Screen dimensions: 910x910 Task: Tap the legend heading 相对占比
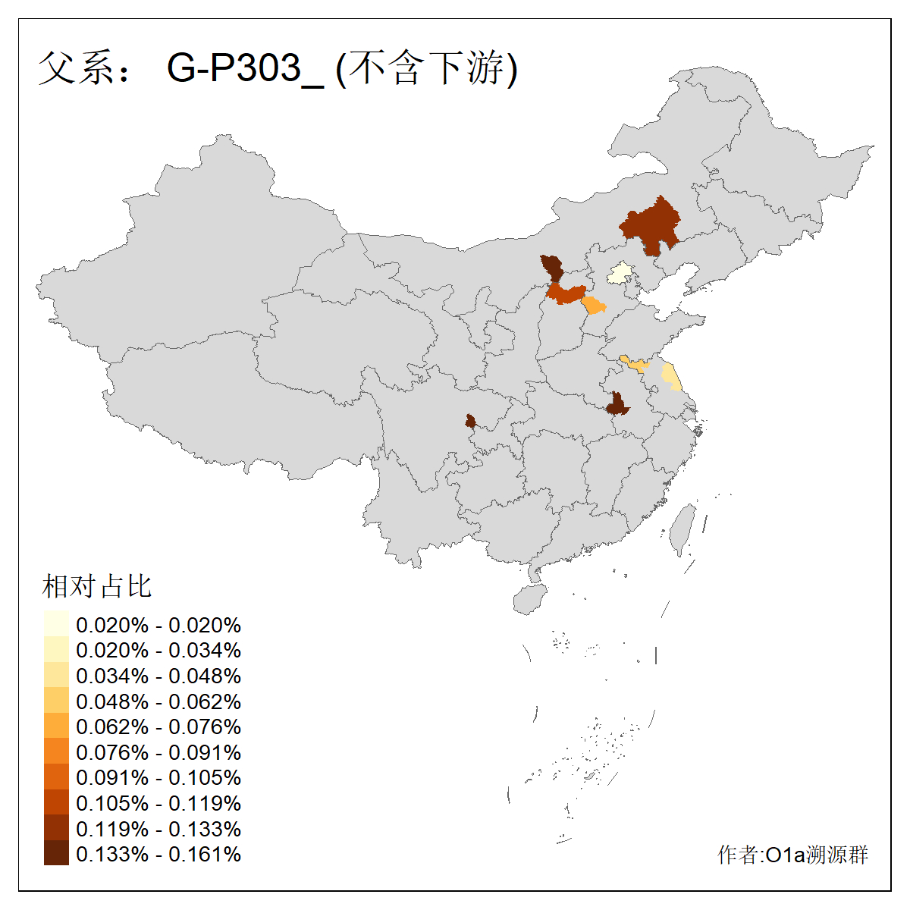[97, 586]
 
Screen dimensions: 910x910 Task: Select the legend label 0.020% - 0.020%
[158, 626]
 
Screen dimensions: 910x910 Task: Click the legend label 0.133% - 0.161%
[158, 855]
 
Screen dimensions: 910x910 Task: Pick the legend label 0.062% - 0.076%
[158, 727]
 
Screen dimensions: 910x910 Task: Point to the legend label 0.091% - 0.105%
[158, 778]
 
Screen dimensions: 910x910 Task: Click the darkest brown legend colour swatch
[56, 854]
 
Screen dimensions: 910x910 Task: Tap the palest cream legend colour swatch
[56, 624]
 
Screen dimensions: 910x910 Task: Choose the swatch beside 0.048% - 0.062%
[56, 701]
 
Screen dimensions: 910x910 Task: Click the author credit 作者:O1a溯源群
[792, 855]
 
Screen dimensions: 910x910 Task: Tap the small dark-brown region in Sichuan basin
[471, 421]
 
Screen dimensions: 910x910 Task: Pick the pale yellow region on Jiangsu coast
[671, 377]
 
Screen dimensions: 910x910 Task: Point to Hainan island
[530, 598]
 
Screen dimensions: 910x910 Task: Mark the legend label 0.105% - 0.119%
[158, 804]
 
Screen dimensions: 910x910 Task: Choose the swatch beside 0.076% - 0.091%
[56, 752]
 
